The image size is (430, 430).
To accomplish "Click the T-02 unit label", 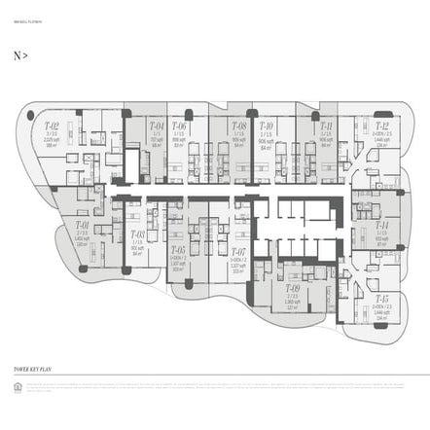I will [x=52, y=125].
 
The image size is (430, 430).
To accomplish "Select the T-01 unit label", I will [x=82, y=225].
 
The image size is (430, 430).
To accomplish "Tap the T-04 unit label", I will [x=157, y=125].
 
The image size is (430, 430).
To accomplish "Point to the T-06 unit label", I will [x=179, y=125].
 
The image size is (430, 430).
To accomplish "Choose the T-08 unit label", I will [x=238, y=125].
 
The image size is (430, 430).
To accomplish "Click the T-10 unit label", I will [x=266, y=125].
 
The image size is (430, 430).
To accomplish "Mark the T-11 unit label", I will [x=326, y=125].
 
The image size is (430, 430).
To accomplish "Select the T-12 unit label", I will [x=381, y=125].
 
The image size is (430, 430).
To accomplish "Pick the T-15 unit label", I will [x=381, y=299].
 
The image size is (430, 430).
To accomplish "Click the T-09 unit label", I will [x=292, y=288].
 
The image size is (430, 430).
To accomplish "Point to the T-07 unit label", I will [x=238, y=251].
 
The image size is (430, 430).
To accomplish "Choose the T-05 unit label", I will [x=178, y=251].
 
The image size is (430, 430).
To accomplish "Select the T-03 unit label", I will [x=137, y=234].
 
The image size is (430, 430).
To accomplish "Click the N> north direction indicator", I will [x=20, y=56].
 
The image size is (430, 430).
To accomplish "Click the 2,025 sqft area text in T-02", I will [x=52, y=138].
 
